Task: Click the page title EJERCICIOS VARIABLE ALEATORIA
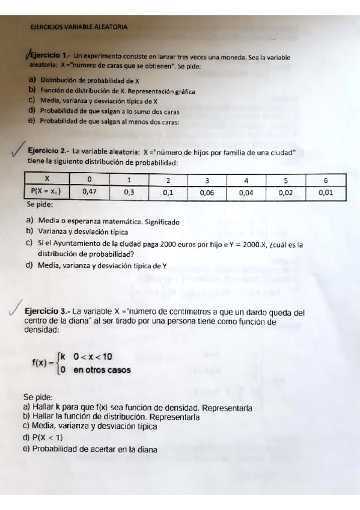tap(78, 27)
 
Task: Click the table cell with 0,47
tap(89, 192)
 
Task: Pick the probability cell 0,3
tap(129, 192)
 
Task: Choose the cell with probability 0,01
tap(325, 192)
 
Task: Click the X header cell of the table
tap(47, 179)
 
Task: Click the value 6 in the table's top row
tap(325, 179)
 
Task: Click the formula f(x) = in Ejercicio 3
tap(41, 362)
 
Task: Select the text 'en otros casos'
tap(102, 370)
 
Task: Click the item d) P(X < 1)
tap(43, 437)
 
